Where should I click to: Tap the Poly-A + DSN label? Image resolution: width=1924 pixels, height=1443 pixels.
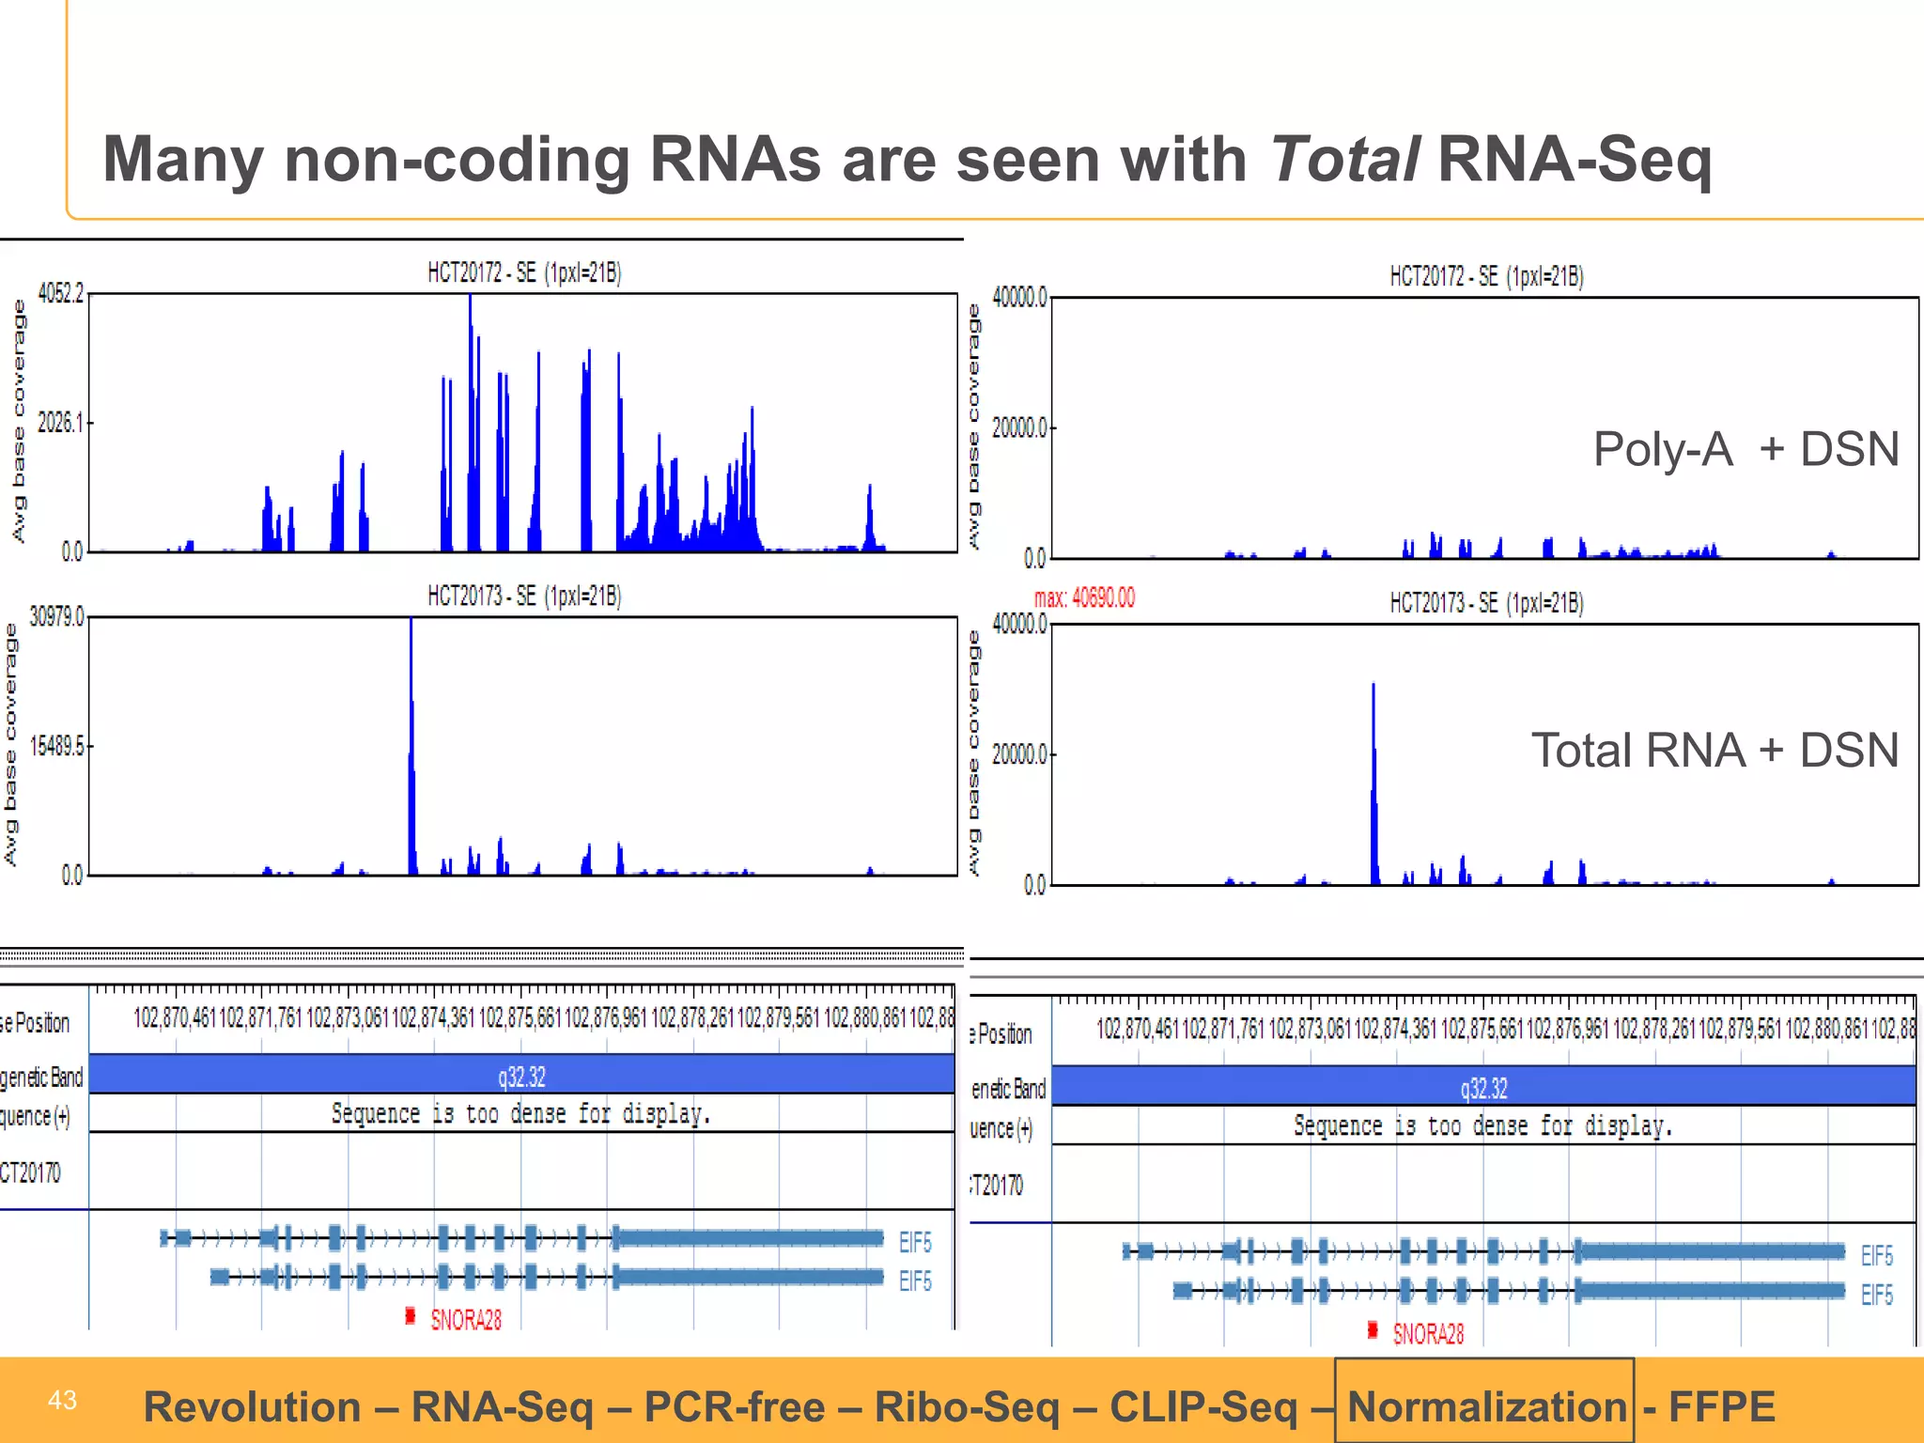click(x=1746, y=449)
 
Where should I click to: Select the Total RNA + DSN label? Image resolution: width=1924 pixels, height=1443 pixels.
click(x=1715, y=751)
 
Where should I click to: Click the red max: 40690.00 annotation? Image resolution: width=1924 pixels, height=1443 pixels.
click(x=1084, y=598)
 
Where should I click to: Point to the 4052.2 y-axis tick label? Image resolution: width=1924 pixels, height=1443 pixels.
click(x=60, y=294)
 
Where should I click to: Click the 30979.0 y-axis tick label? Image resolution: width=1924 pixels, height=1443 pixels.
click(x=56, y=617)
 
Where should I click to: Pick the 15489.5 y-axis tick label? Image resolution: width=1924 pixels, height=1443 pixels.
click(x=56, y=747)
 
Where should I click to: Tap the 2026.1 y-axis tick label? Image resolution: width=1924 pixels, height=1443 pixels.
click(x=60, y=423)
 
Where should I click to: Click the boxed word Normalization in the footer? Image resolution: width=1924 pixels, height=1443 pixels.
click(x=1486, y=1406)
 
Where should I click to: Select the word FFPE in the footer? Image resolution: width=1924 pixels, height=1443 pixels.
click(x=1721, y=1406)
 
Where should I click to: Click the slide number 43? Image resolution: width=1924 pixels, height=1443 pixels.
click(x=62, y=1401)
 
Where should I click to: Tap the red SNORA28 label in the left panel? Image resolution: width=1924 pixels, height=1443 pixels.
click(x=466, y=1320)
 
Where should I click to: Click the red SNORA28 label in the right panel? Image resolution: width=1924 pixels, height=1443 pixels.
click(x=1428, y=1334)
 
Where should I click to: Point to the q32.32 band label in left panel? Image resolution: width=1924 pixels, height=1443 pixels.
click(x=521, y=1077)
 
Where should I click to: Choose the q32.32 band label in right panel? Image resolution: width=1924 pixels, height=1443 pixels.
click(x=1483, y=1089)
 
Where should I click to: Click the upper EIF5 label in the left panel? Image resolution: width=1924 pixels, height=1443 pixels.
click(x=915, y=1243)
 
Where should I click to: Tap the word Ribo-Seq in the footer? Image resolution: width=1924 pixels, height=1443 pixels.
click(x=966, y=1406)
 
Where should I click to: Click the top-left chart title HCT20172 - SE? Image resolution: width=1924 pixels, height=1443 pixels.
click(x=524, y=273)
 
